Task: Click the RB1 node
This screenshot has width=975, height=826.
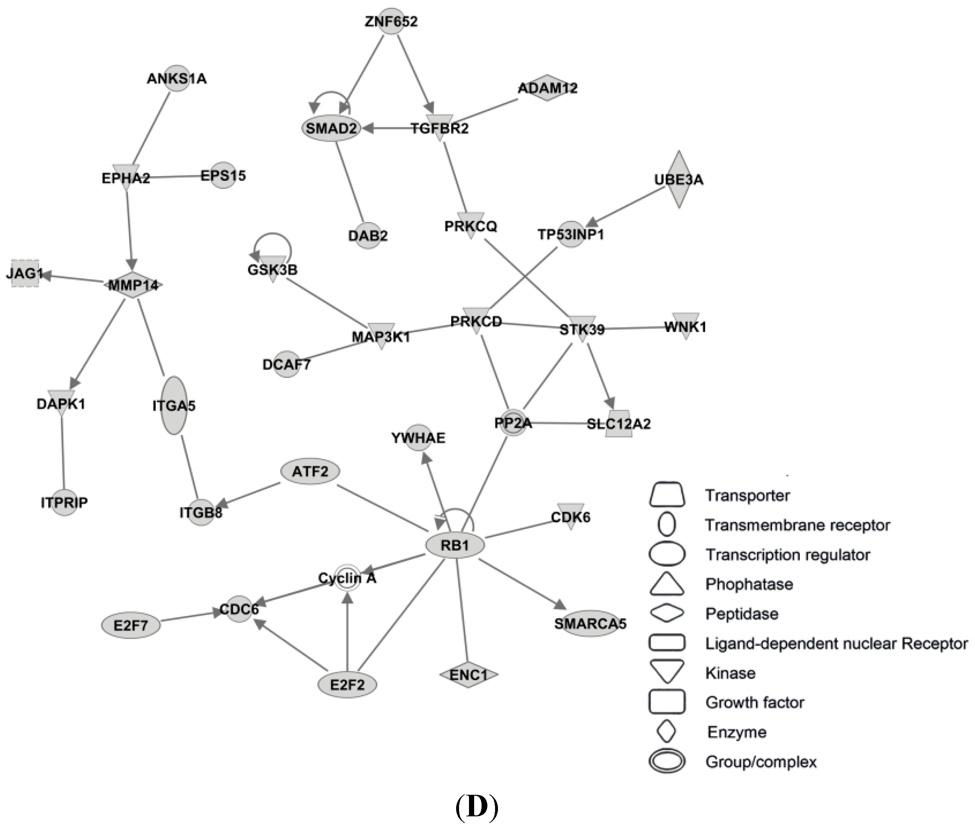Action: [x=455, y=545]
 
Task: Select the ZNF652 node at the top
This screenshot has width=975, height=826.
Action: [x=391, y=21]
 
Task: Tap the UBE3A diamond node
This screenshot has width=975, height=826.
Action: [x=678, y=179]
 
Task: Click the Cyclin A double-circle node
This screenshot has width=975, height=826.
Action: [x=347, y=578]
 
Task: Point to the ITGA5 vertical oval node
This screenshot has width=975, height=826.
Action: [x=174, y=406]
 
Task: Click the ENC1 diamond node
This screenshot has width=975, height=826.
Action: [x=468, y=675]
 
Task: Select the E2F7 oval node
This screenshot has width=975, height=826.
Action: [x=131, y=625]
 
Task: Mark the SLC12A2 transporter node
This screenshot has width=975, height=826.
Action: [x=619, y=424]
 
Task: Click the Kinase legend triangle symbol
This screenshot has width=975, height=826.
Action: [x=667, y=670]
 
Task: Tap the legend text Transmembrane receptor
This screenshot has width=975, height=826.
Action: [x=797, y=525]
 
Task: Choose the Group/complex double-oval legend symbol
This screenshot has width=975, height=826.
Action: [x=667, y=761]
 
